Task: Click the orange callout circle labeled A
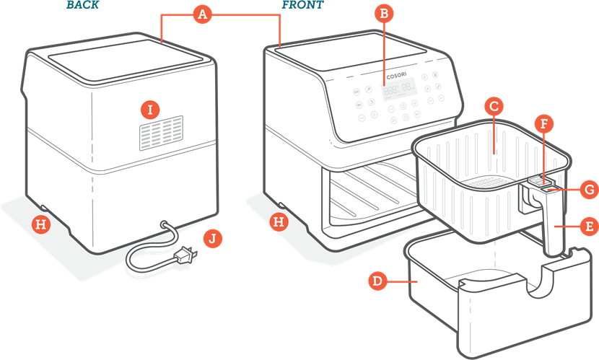coord(203,14)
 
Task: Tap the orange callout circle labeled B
coord(384,13)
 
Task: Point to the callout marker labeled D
coord(376,280)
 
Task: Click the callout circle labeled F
coord(545,123)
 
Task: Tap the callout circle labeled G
coord(588,190)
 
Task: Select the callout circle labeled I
coord(150,110)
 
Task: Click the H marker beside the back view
coord(42,224)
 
